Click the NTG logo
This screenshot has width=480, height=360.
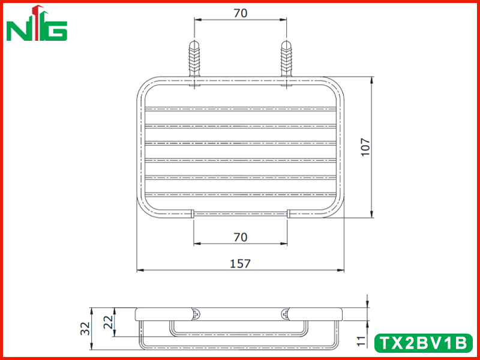pos(37,23)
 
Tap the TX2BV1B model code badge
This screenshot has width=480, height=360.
pos(424,343)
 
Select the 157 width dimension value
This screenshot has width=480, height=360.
pos(241,263)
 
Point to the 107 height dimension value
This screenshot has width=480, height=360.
pos(365,147)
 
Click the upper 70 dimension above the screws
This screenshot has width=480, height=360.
pos(241,13)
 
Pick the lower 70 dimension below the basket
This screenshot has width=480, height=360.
pos(241,237)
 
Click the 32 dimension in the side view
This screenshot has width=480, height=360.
pos(86,328)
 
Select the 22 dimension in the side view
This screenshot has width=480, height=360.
pos(109,322)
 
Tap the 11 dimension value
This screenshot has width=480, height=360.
pos(362,341)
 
